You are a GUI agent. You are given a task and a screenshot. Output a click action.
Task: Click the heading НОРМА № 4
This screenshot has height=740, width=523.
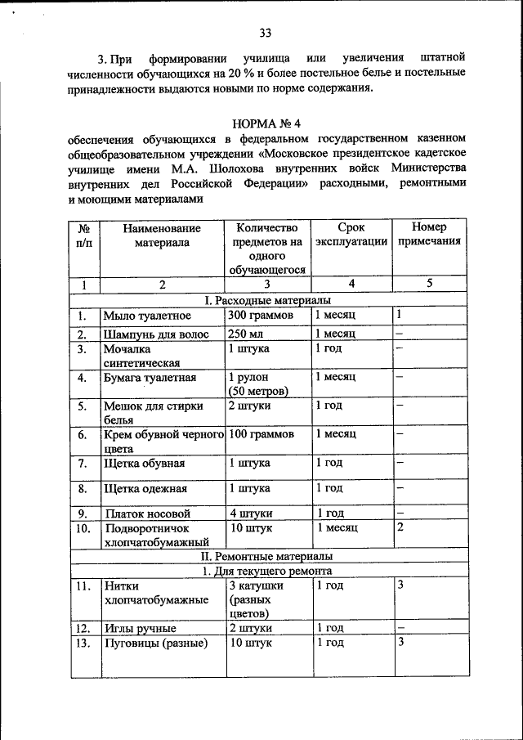click(x=267, y=124)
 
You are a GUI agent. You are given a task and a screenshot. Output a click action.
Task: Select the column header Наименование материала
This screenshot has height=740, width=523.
click(x=162, y=235)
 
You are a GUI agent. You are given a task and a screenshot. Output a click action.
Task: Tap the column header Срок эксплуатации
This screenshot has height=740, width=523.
click(x=351, y=235)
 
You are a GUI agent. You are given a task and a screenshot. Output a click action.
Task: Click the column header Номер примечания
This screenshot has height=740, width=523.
click(x=429, y=235)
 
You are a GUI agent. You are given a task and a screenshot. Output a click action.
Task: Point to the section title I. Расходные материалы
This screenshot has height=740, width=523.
click(x=267, y=302)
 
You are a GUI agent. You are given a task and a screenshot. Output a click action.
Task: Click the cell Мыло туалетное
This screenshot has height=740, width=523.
click(x=147, y=316)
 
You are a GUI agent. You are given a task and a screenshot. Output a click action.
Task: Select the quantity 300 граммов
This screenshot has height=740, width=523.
click(x=261, y=316)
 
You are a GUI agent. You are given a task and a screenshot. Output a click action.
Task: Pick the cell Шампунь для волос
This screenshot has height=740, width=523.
click(x=155, y=334)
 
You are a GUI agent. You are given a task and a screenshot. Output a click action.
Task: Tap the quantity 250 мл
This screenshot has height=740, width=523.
click(x=248, y=334)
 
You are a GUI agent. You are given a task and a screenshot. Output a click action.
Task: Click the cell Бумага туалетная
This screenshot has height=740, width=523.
click(x=150, y=378)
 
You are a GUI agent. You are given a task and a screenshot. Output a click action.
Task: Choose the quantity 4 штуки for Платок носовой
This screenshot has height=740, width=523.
click(x=251, y=514)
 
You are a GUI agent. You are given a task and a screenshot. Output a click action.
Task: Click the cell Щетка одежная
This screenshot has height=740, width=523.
click(x=145, y=489)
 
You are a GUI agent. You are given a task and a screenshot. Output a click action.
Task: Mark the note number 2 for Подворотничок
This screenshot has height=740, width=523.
click(x=400, y=527)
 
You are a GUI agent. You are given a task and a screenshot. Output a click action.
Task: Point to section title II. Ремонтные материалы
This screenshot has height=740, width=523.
click(x=267, y=556)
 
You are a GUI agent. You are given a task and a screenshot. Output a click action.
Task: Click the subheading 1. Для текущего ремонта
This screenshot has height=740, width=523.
click(x=267, y=571)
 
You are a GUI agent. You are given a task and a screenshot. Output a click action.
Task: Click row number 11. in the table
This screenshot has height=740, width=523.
click(x=83, y=586)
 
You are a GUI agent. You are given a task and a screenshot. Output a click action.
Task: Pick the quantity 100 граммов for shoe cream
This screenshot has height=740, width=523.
click(x=261, y=434)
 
